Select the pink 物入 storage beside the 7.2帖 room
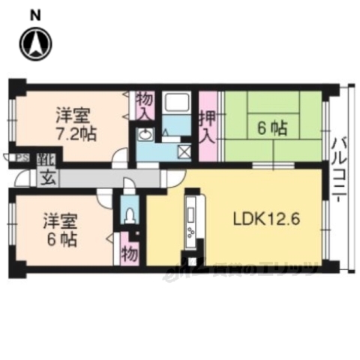(x=145, y=105)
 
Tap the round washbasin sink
(x=145, y=134)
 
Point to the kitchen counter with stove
(x=191, y=221)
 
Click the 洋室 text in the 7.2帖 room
(x=73, y=115)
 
